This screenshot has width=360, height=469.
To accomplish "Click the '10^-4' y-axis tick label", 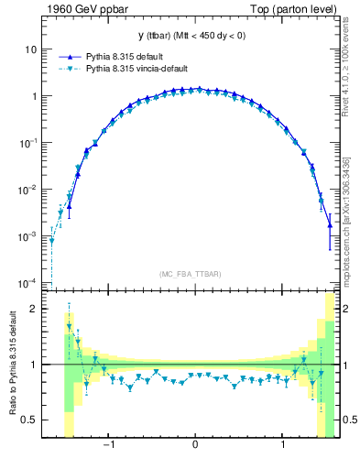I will coord(27,283).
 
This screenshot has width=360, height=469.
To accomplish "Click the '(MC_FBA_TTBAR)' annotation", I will coord(190,274).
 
